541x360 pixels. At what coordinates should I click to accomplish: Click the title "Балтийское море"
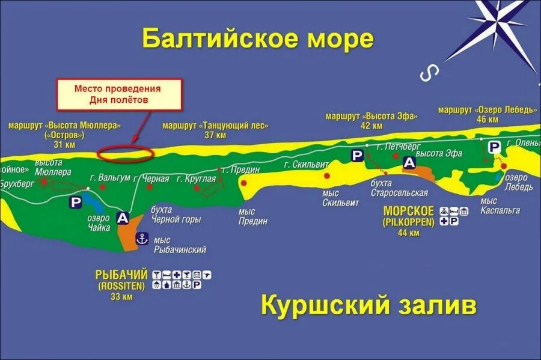coord(258,40)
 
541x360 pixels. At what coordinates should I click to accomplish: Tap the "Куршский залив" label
coord(368,306)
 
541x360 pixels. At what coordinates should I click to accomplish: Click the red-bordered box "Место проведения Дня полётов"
coord(118,94)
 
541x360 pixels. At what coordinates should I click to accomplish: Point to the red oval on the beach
coord(124,153)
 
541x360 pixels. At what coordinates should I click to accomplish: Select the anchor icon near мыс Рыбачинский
coord(142,239)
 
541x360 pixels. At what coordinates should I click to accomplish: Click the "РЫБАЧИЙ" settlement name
coord(121,275)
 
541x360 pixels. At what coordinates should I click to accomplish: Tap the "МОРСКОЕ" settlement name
coord(408,211)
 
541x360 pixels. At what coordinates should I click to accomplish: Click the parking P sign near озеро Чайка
coord(76,203)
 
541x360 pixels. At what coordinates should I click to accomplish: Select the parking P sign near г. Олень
coord(494,147)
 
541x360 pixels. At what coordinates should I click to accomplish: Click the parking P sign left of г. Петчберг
coord(357,155)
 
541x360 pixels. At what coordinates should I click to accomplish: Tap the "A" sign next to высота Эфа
coord(409,162)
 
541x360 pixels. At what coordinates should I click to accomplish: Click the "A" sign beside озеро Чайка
coord(123,218)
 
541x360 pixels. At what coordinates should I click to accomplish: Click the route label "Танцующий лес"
coord(215,126)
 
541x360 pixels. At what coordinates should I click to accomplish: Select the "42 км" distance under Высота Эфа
coord(371,126)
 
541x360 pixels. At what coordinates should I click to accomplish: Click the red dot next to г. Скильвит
coord(327,175)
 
